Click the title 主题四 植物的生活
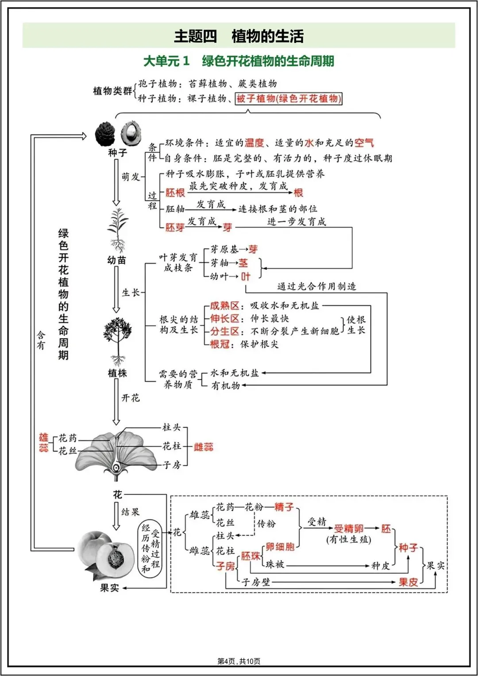(x=239, y=36)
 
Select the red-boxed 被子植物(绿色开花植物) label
(x=289, y=98)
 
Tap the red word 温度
(x=254, y=143)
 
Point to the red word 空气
(x=364, y=143)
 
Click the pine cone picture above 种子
(x=105, y=133)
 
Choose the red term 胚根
(x=175, y=193)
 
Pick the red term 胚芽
(x=175, y=227)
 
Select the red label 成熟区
(x=224, y=305)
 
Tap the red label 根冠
(x=220, y=344)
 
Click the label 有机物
(x=226, y=386)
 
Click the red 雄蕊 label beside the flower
(x=43, y=442)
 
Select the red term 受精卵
(x=348, y=528)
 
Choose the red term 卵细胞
(x=280, y=547)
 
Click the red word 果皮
(x=408, y=582)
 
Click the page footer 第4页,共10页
(x=239, y=661)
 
